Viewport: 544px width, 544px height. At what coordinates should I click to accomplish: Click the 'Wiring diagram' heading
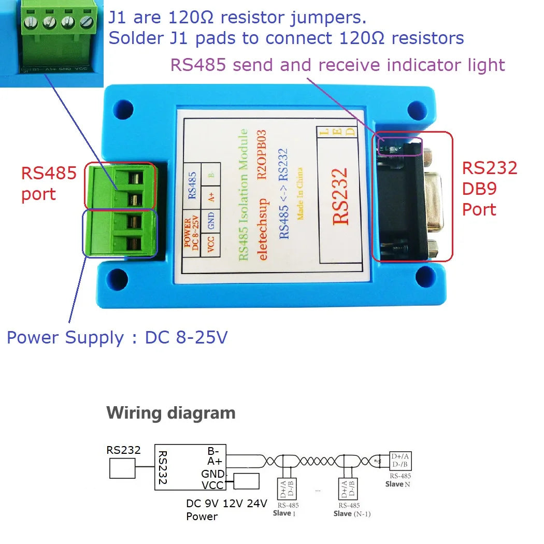pos(170,413)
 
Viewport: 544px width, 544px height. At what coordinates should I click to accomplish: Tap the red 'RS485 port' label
pos(49,183)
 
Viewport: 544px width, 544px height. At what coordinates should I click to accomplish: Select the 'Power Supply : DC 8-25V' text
pos(117,338)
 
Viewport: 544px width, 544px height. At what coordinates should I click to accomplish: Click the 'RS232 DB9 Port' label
pos(489,189)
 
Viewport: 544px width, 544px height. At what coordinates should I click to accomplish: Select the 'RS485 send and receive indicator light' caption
pos(337,65)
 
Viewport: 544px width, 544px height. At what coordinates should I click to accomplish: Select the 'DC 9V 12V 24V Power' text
pos(226,509)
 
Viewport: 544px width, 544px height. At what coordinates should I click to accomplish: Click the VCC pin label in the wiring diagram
pos(212,485)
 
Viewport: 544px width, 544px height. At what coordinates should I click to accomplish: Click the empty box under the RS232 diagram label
pos(122,470)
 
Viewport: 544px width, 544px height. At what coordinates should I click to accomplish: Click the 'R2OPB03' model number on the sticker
pos(262,154)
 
